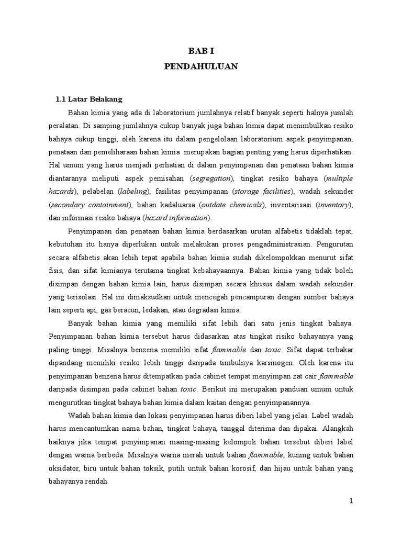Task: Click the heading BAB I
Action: click(201, 51)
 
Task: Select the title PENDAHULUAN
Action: click(201, 66)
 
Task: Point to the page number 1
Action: click(352, 501)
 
